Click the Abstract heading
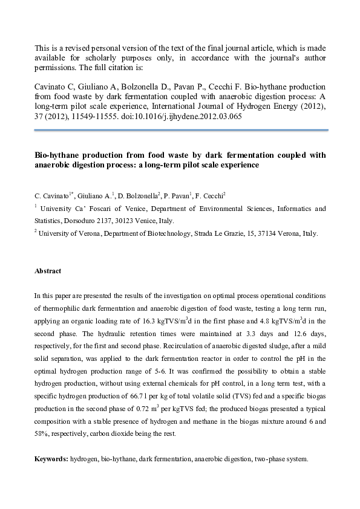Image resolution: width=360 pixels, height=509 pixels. pos(48,271)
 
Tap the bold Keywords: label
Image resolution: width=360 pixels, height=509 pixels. pos(51,459)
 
